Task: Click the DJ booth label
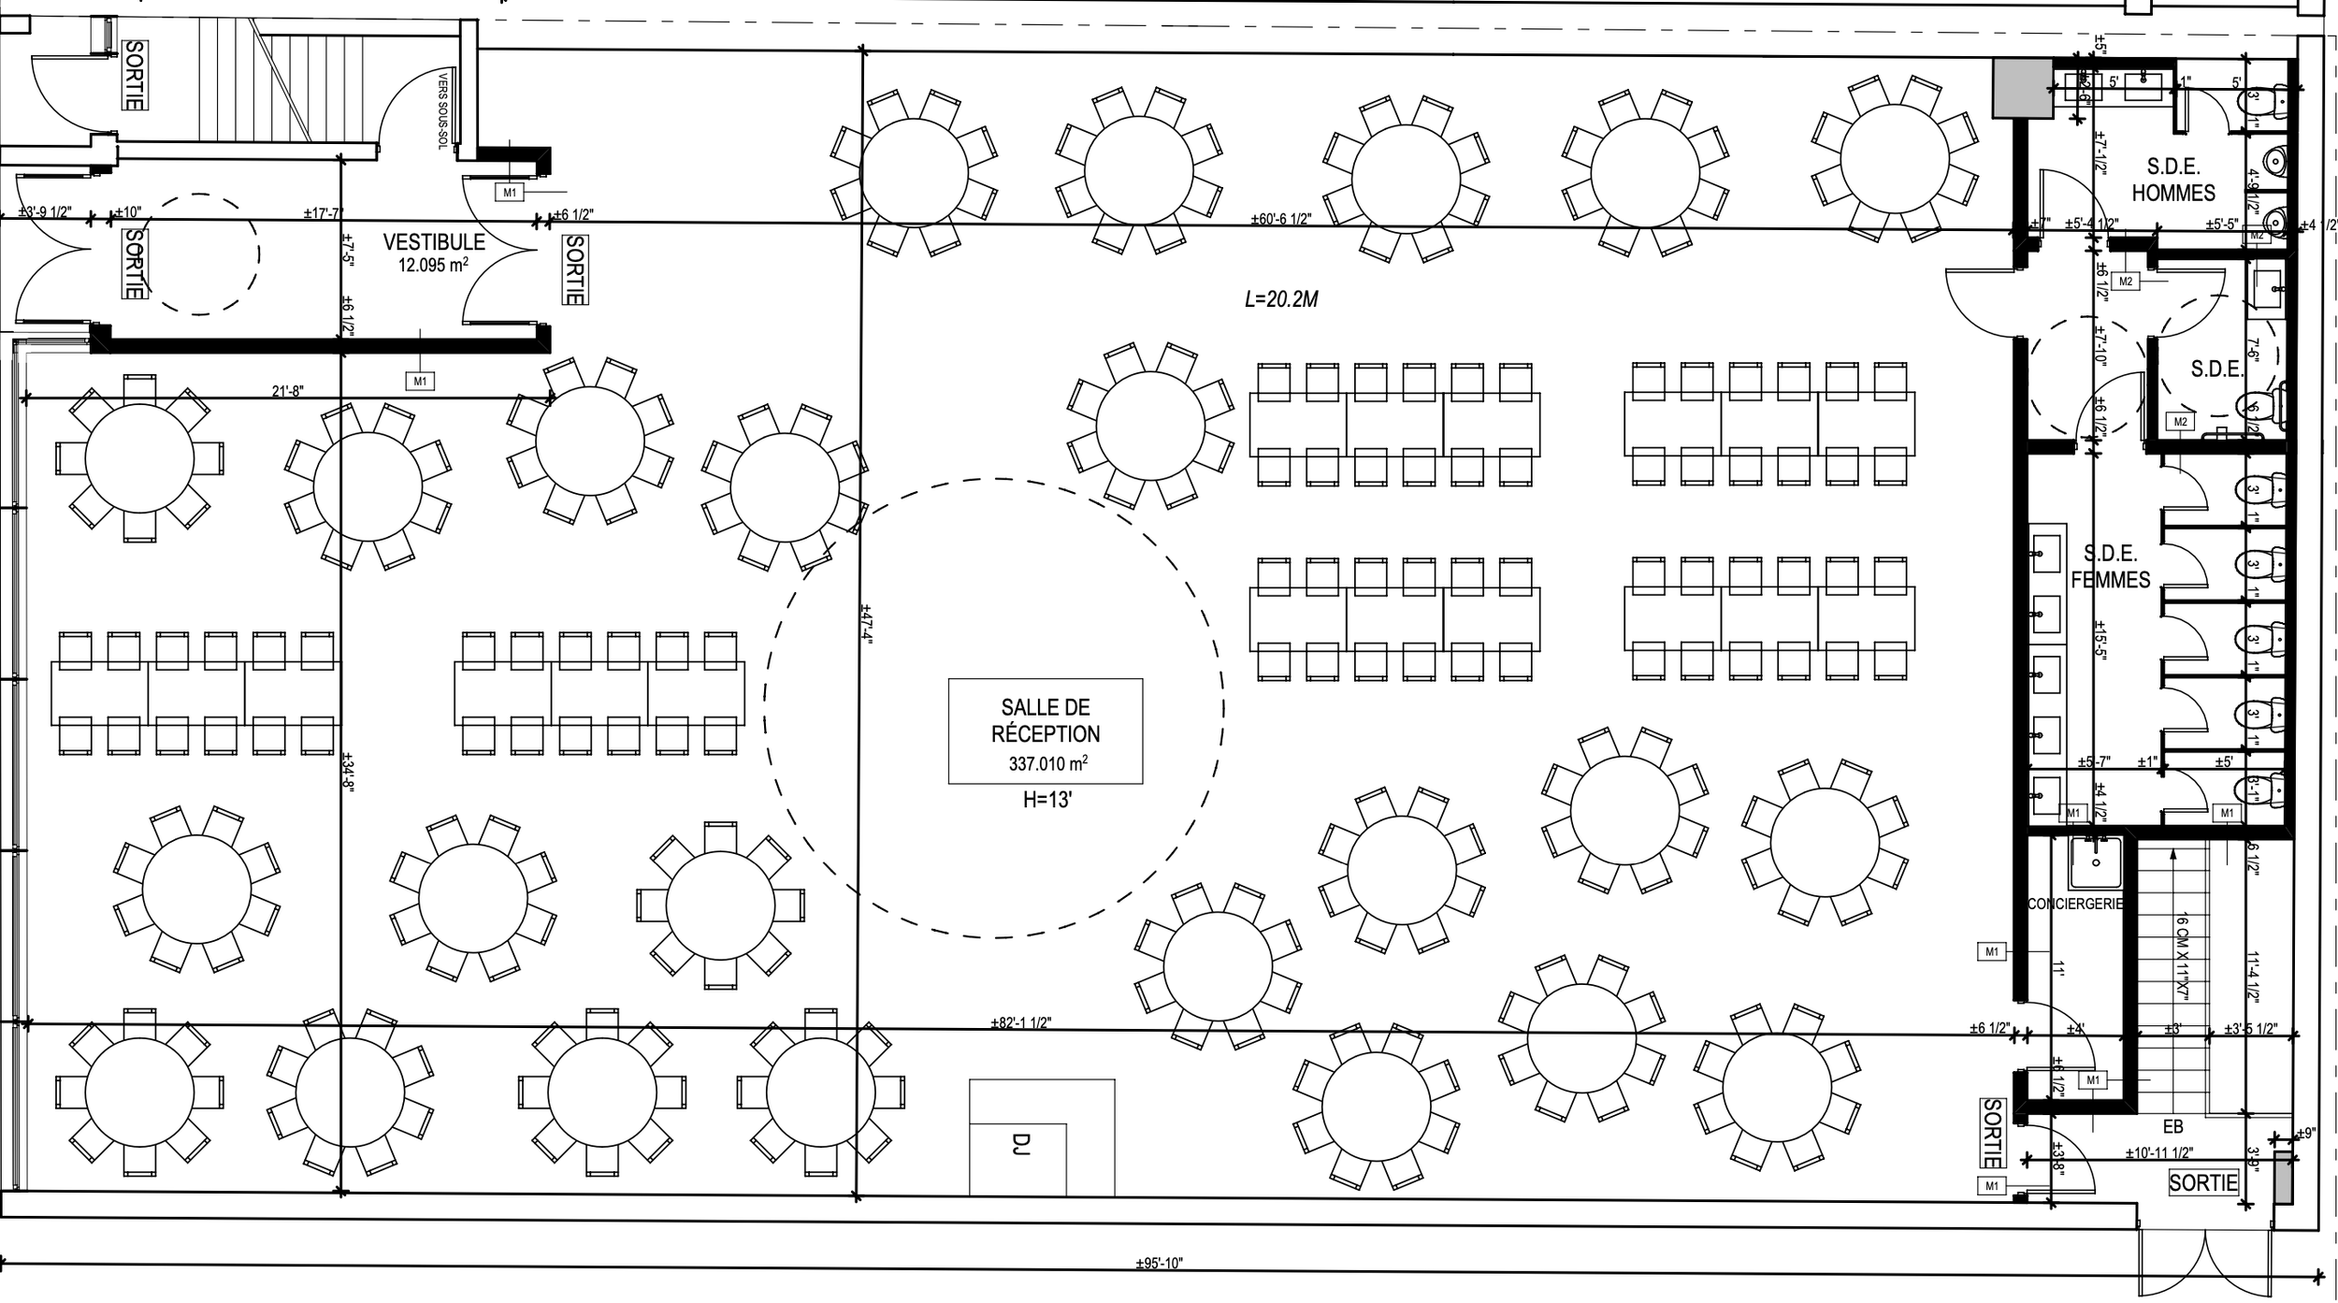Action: coord(1020,1143)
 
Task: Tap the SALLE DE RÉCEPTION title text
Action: coord(1046,720)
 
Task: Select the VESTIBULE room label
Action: coord(434,242)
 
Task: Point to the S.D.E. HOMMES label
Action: coord(2172,180)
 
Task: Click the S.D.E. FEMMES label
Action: coord(2110,567)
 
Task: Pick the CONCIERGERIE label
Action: coord(2075,905)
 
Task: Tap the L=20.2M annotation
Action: coord(1281,299)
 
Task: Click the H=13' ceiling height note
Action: coord(1045,802)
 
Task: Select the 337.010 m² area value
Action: coord(1046,764)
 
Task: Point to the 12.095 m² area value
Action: coord(433,265)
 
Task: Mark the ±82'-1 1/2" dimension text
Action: coord(1021,1022)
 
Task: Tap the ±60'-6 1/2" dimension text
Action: coord(1281,220)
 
